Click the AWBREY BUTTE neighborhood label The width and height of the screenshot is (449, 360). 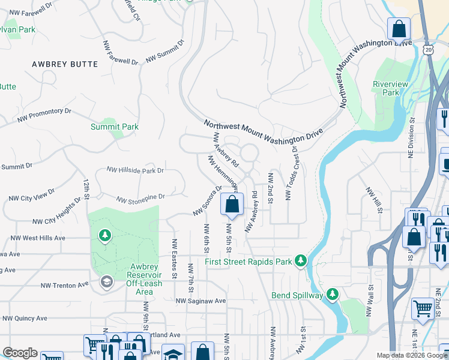coord(59,64)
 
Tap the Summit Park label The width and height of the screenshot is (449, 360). coord(114,127)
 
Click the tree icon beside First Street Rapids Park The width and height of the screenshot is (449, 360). coord(301,261)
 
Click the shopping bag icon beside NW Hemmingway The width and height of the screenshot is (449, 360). coord(232,205)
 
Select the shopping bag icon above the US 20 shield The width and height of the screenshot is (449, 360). coord(399,29)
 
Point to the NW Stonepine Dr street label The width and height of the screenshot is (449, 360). coord(140,198)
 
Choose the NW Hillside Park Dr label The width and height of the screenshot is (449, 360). coord(135,171)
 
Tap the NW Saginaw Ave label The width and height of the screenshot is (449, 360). coord(200,301)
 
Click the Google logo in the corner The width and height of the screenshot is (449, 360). coord(20,353)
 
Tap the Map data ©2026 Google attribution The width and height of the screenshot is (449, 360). coord(411,355)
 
